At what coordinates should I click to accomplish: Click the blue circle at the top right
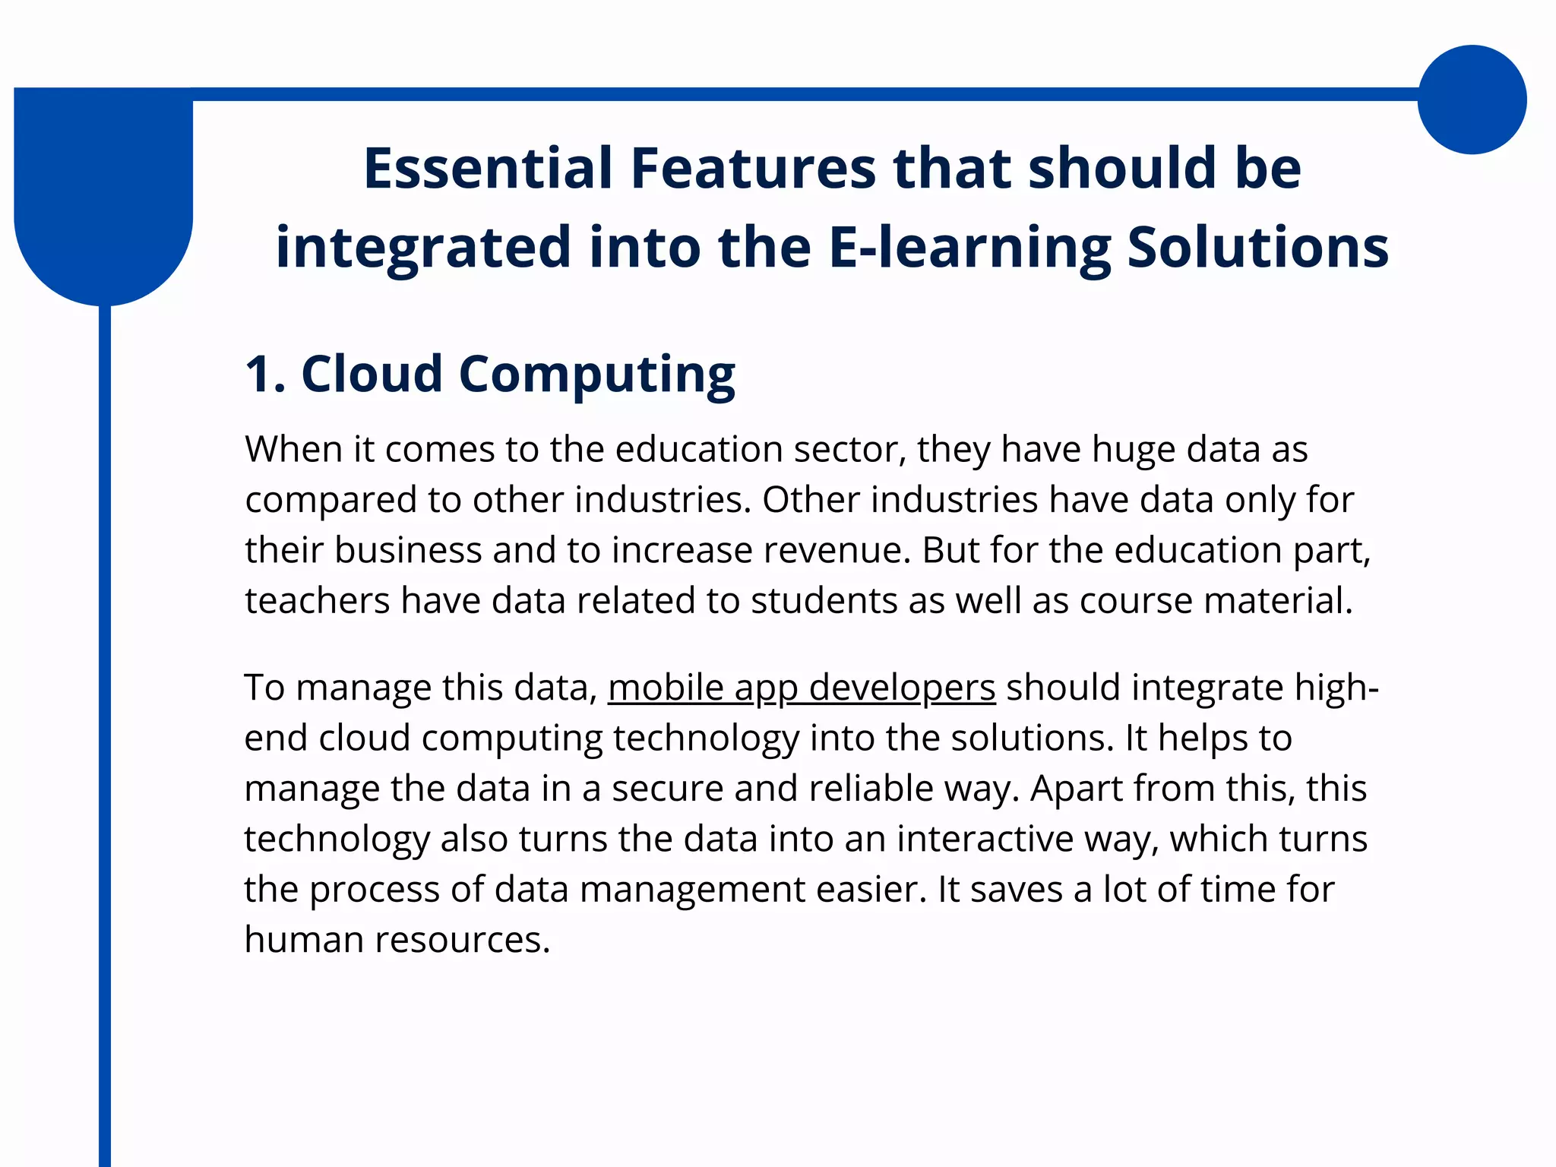click(1472, 100)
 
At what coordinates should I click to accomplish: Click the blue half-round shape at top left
click(103, 198)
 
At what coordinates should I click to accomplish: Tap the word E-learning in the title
click(969, 248)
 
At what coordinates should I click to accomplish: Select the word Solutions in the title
click(1257, 248)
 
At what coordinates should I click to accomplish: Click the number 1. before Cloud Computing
click(265, 374)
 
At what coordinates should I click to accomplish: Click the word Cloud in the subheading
click(372, 374)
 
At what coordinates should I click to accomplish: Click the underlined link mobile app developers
click(802, 688)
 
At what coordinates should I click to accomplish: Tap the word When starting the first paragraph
click(293, 449)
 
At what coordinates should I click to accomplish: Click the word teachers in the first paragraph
click(317, 600)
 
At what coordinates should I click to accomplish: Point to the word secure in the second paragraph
click(667, 788)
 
